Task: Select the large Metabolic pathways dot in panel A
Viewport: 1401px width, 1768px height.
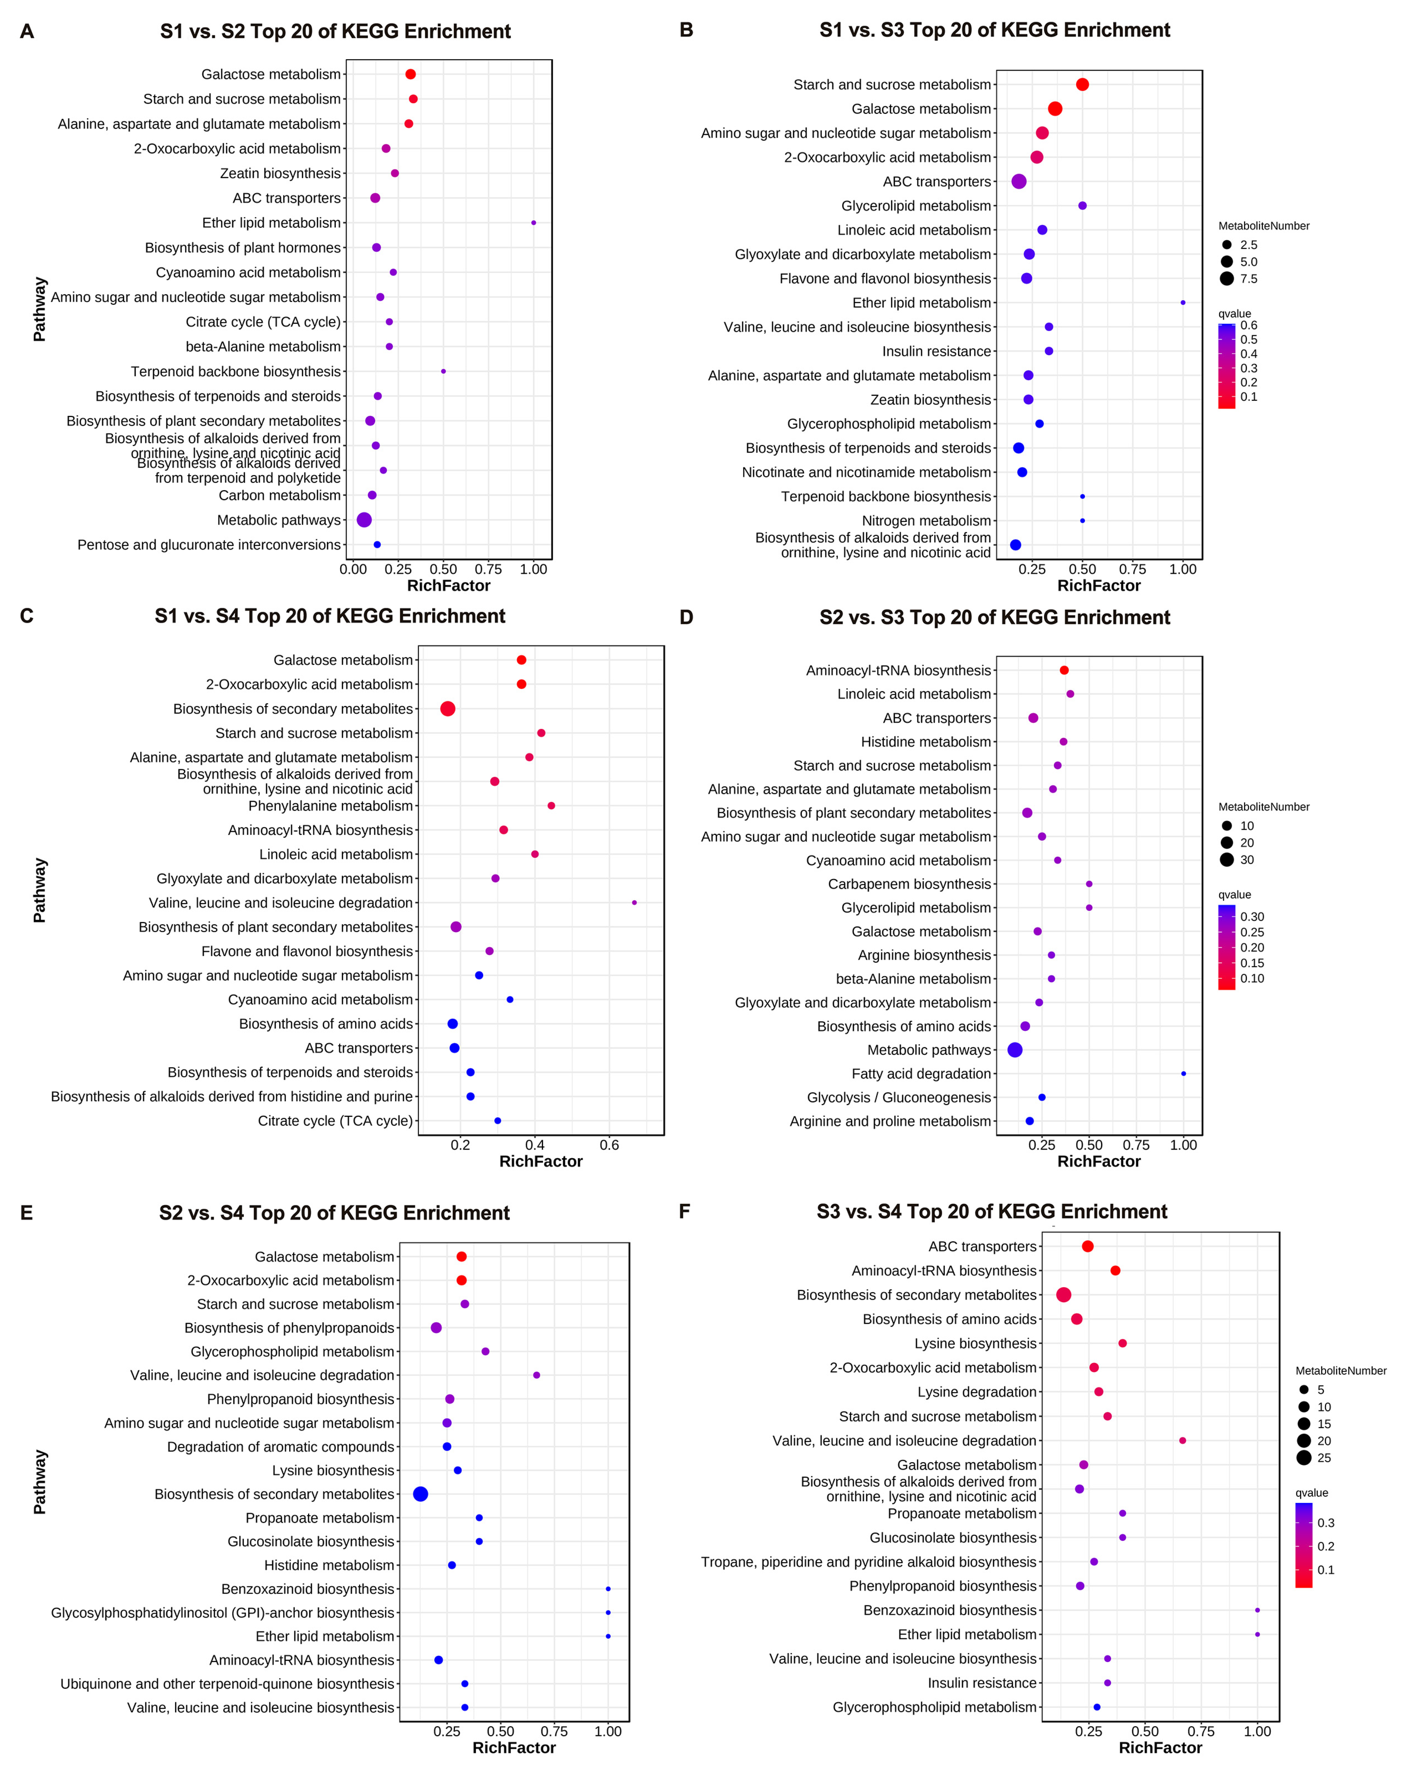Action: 364,520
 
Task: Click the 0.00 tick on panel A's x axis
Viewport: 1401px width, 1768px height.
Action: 353,569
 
